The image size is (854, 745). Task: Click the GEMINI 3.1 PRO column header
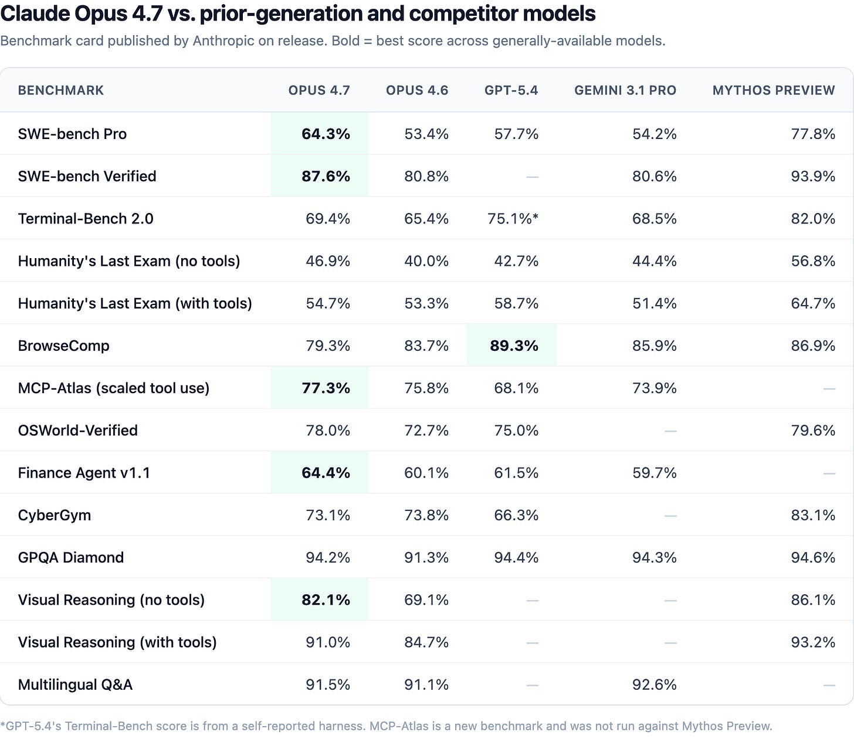click(x=625, y=90)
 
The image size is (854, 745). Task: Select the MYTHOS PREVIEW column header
click(x=774, y=90)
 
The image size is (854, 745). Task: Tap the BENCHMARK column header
click(x=60, y=90)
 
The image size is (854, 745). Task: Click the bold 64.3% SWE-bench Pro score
click(x=326, y=134)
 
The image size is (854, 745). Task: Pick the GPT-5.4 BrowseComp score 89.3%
click(x=514, y=346)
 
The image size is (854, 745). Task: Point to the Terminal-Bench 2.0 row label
click(x=86, y=219)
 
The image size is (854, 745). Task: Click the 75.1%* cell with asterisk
click(x=513, y=219)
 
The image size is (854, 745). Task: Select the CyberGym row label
click(x=55, y=516)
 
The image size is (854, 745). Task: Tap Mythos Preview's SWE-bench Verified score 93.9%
click(x=813, y=177)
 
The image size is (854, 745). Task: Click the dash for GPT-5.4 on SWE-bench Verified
click(x=532, y=177)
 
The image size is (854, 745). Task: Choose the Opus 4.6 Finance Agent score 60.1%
click(x=426, y=473)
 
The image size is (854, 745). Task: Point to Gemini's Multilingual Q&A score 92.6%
click(x=654, y=685)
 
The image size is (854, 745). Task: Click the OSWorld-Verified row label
click(x=77, y=431)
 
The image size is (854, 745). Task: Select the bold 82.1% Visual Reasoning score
click(x=326, y=600)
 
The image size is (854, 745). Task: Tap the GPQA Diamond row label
click(x=71, y=558)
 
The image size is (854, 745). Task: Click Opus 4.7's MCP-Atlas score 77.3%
click(x=326, y=388)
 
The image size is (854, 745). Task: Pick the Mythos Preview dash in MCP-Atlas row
click(x=829, y=389)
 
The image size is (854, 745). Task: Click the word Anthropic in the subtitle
click(x=223, y=41)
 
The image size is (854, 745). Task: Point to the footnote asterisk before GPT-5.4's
click(x=2, y=724)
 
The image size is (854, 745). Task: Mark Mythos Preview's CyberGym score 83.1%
click(x=813, y=516)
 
